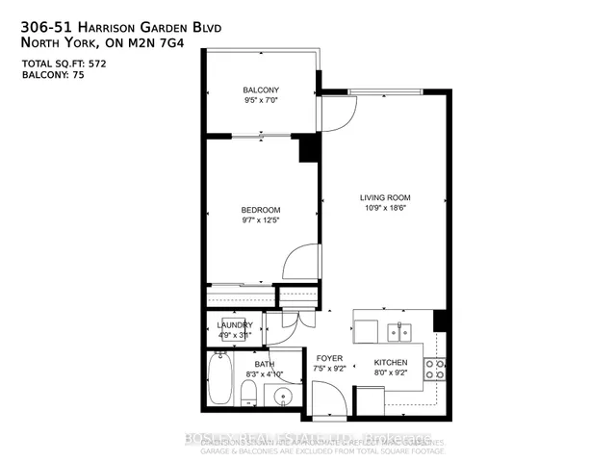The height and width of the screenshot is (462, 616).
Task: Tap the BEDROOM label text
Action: coord(260,210)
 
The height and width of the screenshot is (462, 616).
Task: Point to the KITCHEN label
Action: coord(391,363)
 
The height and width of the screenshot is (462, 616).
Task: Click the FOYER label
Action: coord(330,357)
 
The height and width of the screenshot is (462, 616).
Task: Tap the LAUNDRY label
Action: coord(234,324)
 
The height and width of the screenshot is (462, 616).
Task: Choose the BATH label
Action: coord(239,363)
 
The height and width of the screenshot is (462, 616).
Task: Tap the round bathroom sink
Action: coord(283,396)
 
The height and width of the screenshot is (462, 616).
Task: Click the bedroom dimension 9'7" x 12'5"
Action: coord(260,221)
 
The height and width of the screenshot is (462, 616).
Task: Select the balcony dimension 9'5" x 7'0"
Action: coord(260,98)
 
